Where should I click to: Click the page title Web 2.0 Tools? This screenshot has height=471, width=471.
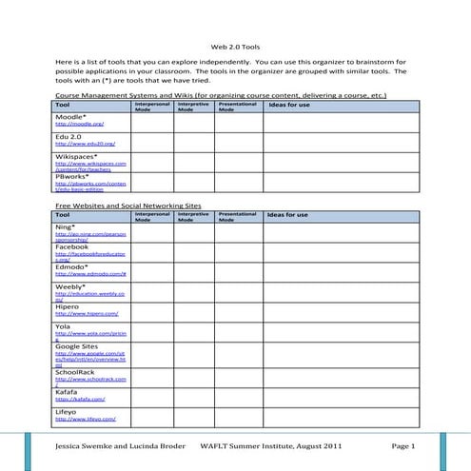click(235, 46)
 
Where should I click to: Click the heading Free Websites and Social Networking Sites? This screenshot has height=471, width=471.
click(128, 205)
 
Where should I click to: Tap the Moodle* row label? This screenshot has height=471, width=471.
click(72, 116)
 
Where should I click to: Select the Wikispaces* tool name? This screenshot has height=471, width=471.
click(77, 155)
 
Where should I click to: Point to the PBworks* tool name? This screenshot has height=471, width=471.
click(73, 175)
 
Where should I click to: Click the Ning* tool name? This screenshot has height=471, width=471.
click(66, 226)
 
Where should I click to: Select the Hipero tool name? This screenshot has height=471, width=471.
click(69, 305)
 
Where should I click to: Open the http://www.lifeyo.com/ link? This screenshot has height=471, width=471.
click(86, 419)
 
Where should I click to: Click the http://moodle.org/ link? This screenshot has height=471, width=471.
click(79, 124)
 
